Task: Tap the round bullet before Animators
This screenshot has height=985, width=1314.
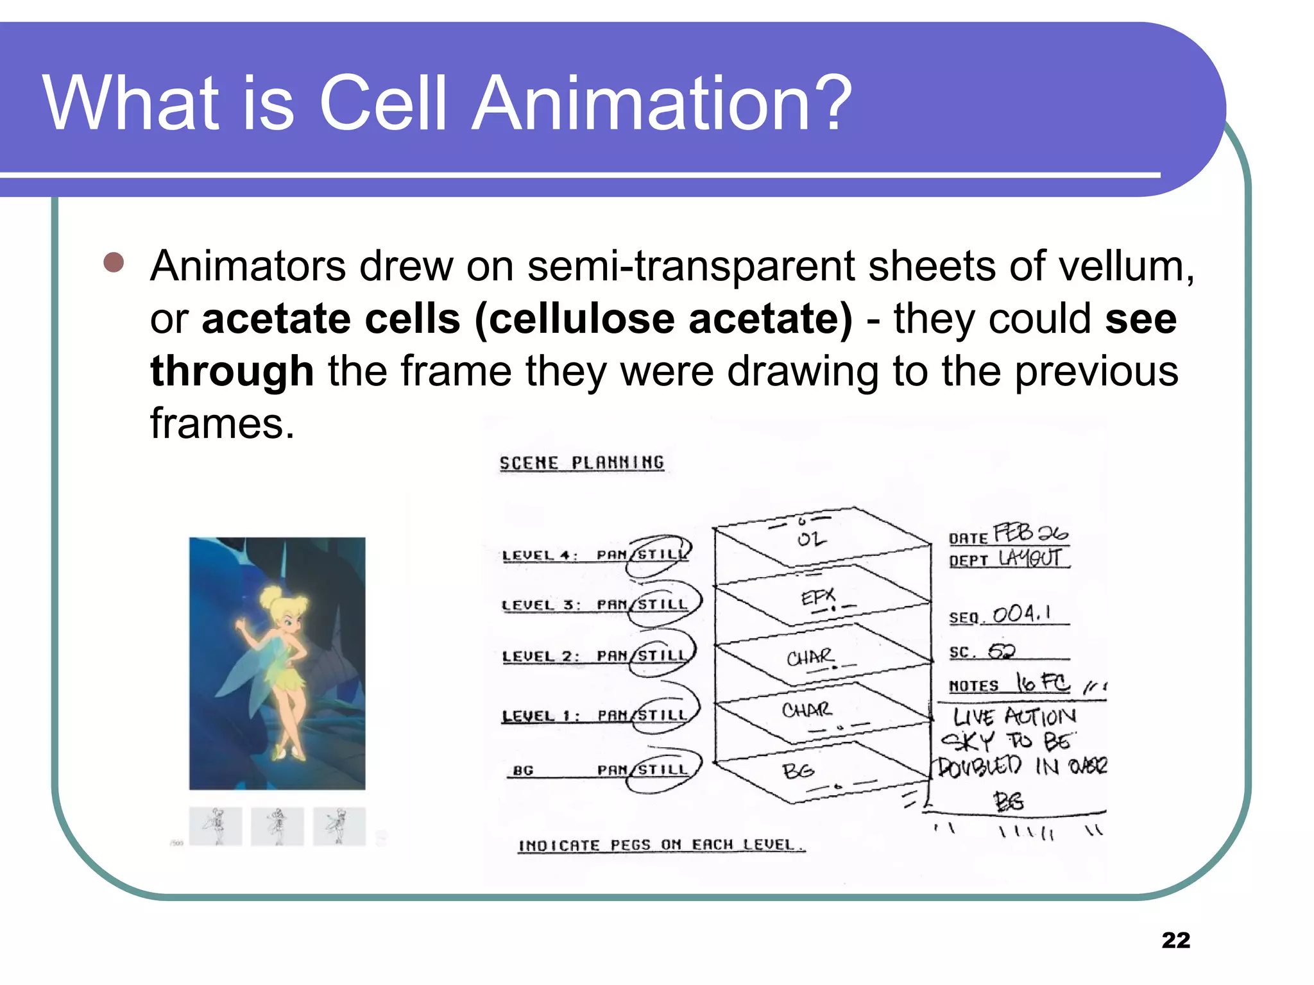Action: [x=114, y=262]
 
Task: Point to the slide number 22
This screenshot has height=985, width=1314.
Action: [x=1175, y=940]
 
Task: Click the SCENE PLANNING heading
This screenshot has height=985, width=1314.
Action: [x=581, y=463]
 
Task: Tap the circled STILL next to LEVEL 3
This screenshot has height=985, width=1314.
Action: [x=663, y=604]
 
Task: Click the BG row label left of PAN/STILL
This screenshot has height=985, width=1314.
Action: [x=523, y=770]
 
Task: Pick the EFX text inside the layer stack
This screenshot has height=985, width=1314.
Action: [x=818, y=598]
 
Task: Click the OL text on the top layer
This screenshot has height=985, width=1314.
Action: [x=811, y=539]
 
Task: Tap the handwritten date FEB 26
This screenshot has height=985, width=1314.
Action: [x=1030, y=533]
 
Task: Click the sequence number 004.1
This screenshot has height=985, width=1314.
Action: [x=1022, y=614]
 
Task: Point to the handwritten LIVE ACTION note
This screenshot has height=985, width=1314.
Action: [x=1014, y=717]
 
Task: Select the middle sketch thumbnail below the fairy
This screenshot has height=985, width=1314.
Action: [x=277, y=826]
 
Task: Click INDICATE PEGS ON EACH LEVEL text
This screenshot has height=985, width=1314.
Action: [x=661, y=845]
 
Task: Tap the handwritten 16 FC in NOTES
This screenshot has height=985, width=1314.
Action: [x=1043, y=683]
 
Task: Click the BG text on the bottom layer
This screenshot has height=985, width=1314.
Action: [x=798, y=770]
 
